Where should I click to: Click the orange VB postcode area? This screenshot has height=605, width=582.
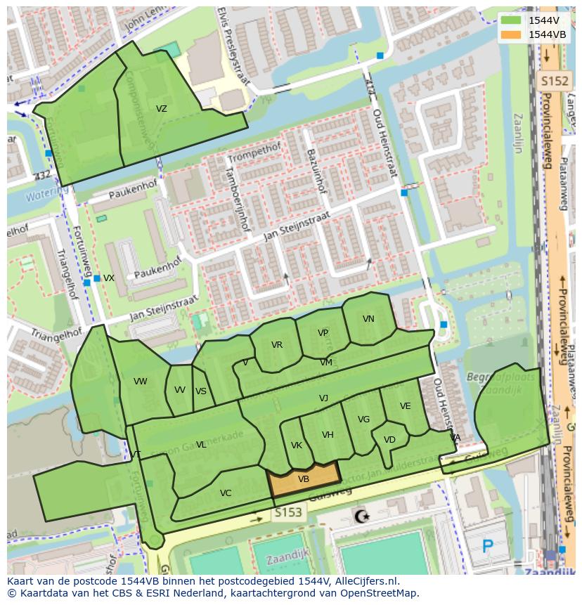(304, 479)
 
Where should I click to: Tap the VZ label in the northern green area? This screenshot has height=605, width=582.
(162, 109)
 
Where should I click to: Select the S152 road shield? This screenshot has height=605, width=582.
(553, 82)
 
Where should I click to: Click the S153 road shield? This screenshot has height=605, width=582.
(288, 513)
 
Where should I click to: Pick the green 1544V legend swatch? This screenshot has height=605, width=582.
(511, 20)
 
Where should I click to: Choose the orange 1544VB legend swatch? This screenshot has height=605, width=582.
(511, 34)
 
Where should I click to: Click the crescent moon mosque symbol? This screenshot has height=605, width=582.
(362, 516)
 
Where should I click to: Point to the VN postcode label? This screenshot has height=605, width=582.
(368, 319)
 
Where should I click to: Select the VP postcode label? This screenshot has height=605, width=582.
(323, 333)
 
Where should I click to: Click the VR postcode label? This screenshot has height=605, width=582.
(277, 345)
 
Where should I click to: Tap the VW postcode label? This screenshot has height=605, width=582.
(141, 382)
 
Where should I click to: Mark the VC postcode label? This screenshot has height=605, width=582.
(226, 493)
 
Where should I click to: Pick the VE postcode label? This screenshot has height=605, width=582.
(406, 406)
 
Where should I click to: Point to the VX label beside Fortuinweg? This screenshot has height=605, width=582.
(109, 278)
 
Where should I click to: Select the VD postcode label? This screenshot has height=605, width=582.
(389, 440)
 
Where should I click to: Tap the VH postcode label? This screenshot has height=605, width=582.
(328, 435)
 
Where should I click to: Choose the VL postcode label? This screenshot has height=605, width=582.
(201, 445)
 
